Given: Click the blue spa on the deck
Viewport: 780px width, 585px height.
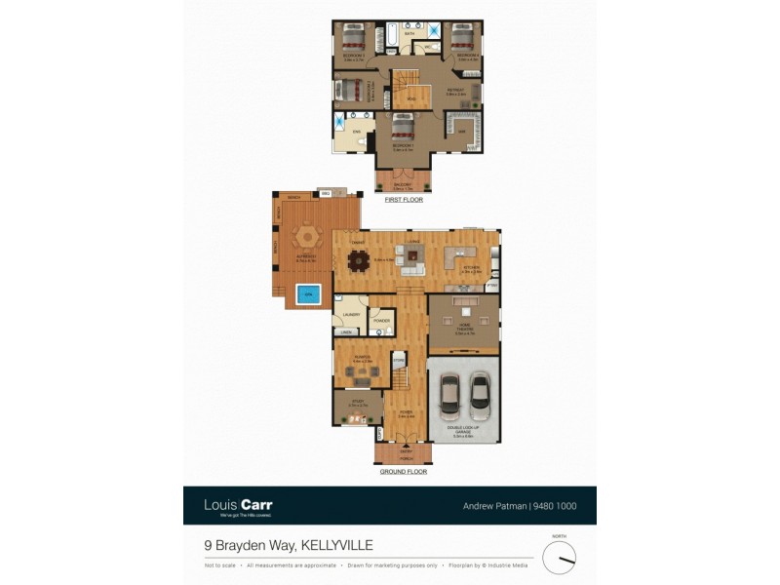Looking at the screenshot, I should tap(308, 293).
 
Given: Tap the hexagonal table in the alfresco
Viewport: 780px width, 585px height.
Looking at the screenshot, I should tap(307, 238).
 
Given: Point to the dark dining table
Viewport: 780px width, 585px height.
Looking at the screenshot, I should tap(361, 259).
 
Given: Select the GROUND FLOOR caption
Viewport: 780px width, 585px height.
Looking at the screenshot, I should tap(403, 472).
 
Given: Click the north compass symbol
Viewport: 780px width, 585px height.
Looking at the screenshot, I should tap(559, 558).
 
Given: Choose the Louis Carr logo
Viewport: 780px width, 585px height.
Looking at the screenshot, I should tap(238, 505).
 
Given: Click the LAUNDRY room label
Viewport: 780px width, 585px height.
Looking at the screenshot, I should tap(351, 315).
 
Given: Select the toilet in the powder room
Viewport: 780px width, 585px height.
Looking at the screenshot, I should tap(388, 331).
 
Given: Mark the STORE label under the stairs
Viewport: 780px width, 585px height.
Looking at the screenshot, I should tap(398, 361).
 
